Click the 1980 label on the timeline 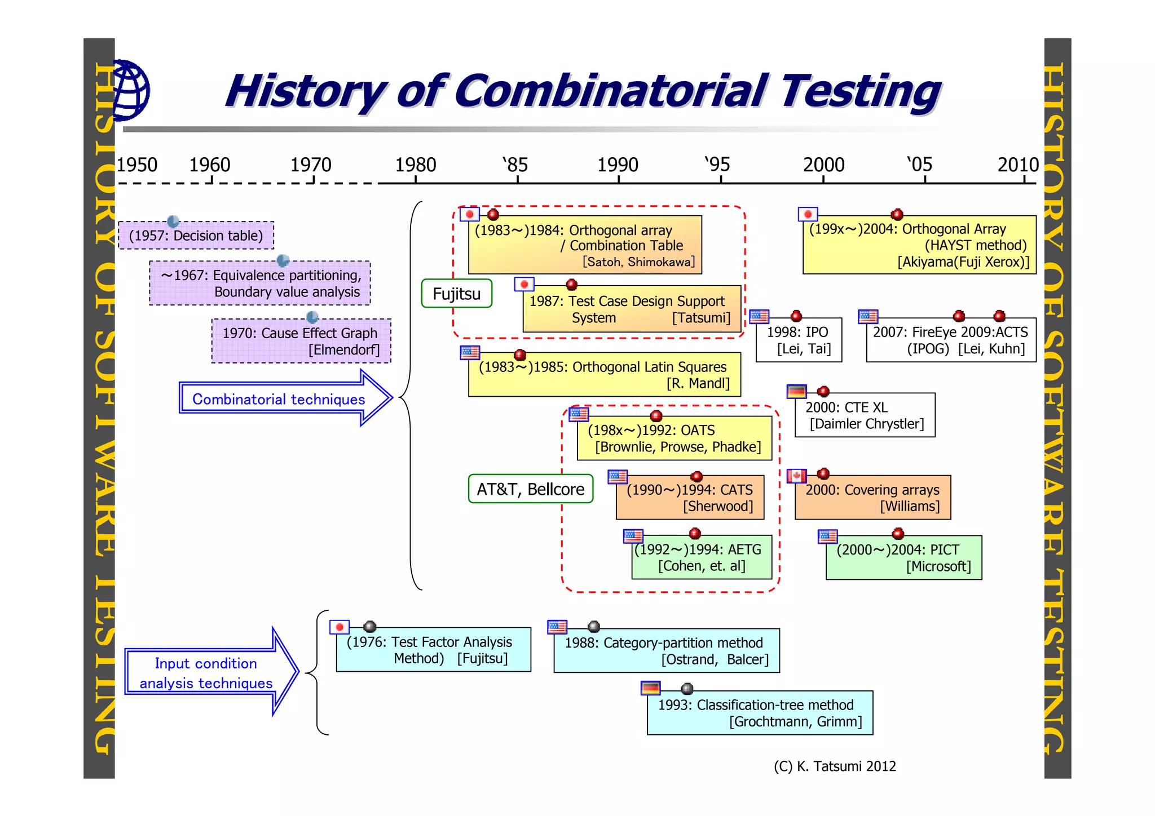[415, 165]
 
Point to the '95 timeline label [717, 165]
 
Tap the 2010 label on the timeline [1017, 165]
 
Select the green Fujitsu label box [456, 294]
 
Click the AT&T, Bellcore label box [530, 489]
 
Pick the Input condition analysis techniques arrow [209, 672]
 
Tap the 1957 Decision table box [196, 236]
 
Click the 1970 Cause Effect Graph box [301, 341]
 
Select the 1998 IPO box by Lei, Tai [798, 340]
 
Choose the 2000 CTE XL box [865, 415]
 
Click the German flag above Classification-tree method [650, 688]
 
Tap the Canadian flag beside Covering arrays [796, 476]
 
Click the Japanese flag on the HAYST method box [808, 214]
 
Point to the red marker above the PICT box [898, 533]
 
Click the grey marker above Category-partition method [593, 627]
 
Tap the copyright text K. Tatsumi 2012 [835, 766]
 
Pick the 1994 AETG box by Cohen [701, 557]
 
